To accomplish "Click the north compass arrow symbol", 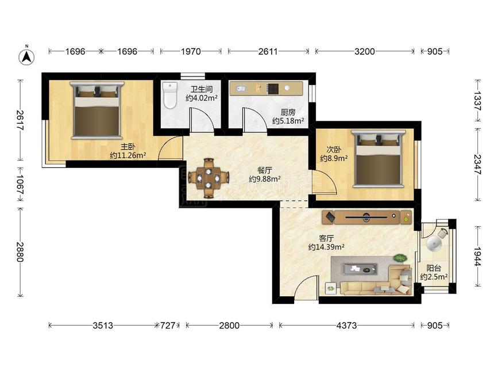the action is (x=27, y=56).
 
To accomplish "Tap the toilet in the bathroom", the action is (x=169, y=95).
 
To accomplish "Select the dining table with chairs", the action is (x=209, y=177).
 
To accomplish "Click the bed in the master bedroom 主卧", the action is (x=96, y=110).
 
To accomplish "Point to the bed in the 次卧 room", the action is (x=378, y=158).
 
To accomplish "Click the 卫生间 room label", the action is (x=201, y=89).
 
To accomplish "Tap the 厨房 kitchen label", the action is (x=288, y=112).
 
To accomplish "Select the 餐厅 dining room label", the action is (x=264, y=170).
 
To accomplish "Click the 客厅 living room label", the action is (x=326, y=238).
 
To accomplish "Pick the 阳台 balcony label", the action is (x=434, y=268).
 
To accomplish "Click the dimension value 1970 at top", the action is (x=191, y=51).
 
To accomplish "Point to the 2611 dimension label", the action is (x=268, y=51).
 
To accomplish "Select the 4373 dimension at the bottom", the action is (x=346, y=325).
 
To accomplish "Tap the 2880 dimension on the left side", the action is (x=20, y=252).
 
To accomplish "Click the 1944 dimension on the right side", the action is (x=477, y=256).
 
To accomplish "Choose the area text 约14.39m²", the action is (x=326, y=247).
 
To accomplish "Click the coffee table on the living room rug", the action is (x=359, y=269).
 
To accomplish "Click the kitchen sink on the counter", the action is (x=241, y=88).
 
